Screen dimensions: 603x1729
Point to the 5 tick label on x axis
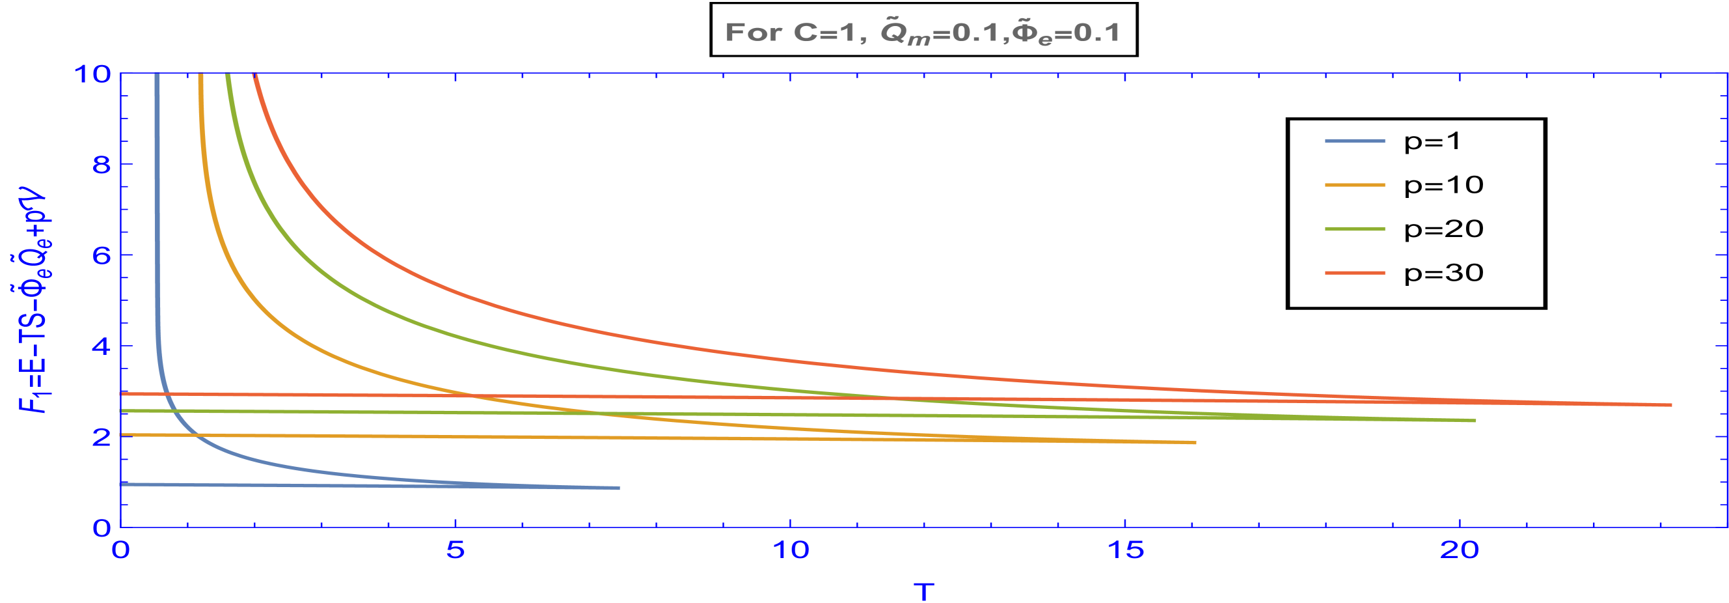click(456, 550)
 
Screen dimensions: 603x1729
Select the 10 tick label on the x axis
click(791, 550)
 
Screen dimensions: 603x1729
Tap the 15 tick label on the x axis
click(1126, 550)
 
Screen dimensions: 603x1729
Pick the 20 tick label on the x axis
click(1460, 550)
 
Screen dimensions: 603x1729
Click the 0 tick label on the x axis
click(121, 550)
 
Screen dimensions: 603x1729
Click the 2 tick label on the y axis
click(102, 437)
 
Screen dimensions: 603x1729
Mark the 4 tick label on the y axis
click(102, 346)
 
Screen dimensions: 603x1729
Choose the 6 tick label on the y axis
click(102, 256)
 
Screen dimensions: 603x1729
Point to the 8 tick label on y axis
click(102, 165)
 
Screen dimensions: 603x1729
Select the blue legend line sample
click(1354, 141)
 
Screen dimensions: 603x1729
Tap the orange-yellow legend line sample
click(1354, 185)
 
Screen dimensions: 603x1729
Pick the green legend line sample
click(1354, 229)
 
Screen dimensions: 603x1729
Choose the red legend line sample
click(1354, 273)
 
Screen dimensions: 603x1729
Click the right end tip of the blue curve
click(619, 488)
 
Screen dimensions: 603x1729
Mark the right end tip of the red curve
click(1671, 405)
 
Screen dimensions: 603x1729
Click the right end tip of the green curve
click(1475, 421)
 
